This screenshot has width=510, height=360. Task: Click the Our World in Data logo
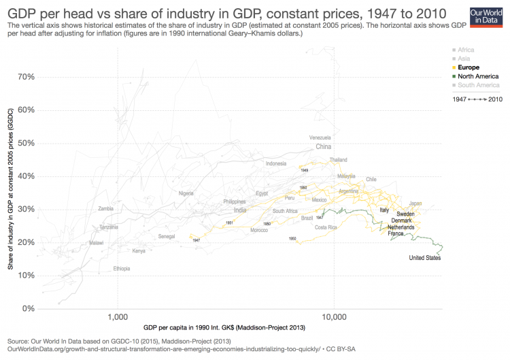(485, 16)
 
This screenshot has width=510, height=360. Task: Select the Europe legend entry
(469, 67)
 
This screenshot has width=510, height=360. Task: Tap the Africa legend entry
(466, 50)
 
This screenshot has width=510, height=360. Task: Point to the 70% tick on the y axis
(26, 77)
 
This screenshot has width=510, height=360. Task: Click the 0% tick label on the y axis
(29, 308)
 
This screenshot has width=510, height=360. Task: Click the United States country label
(424, 258)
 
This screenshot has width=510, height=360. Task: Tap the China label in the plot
(323, 146)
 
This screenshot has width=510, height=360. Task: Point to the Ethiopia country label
(122, 269)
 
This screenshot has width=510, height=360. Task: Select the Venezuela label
(320, 137)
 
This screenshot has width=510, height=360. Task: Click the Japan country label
(415, 203)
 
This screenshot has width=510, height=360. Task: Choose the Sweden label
(405, 214)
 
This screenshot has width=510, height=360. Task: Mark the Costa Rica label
(326, 227)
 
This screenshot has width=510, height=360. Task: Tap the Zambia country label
(106, 209)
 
